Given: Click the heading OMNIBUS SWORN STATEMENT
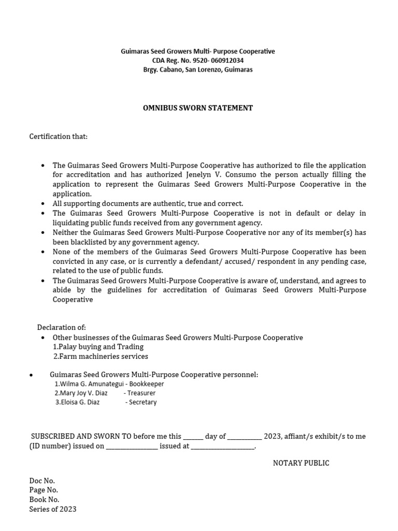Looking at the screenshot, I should pos(197,108).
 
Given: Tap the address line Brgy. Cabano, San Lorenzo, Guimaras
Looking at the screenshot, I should pos(197,69).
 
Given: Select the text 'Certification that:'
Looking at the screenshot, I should pos(59,136).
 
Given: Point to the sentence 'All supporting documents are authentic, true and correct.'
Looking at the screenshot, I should pos(148,204).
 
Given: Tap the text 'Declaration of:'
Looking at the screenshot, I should pos(62,327).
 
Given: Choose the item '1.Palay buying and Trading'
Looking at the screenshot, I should pos(98,346).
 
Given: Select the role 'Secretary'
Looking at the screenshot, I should pos(143,402).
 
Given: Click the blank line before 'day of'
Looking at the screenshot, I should pos(193,437).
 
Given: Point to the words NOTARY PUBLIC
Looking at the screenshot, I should pos(301,463).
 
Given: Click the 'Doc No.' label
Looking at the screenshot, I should pos(42,481).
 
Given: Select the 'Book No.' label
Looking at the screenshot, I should pos(44,499).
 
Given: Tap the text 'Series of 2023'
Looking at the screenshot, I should pos(53,509).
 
